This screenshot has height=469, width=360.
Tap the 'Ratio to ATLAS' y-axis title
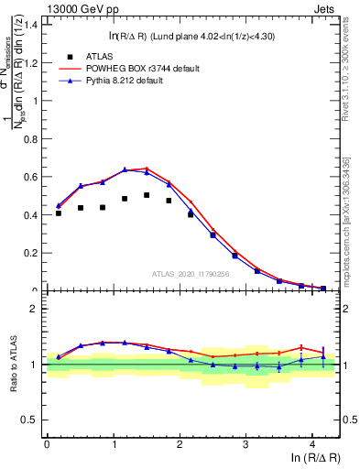coord(12,365)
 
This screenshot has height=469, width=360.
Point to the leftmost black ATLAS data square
coord(59,213)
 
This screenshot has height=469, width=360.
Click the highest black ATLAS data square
coord(147,195)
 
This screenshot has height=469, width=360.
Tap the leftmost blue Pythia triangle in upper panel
coord(59,206)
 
